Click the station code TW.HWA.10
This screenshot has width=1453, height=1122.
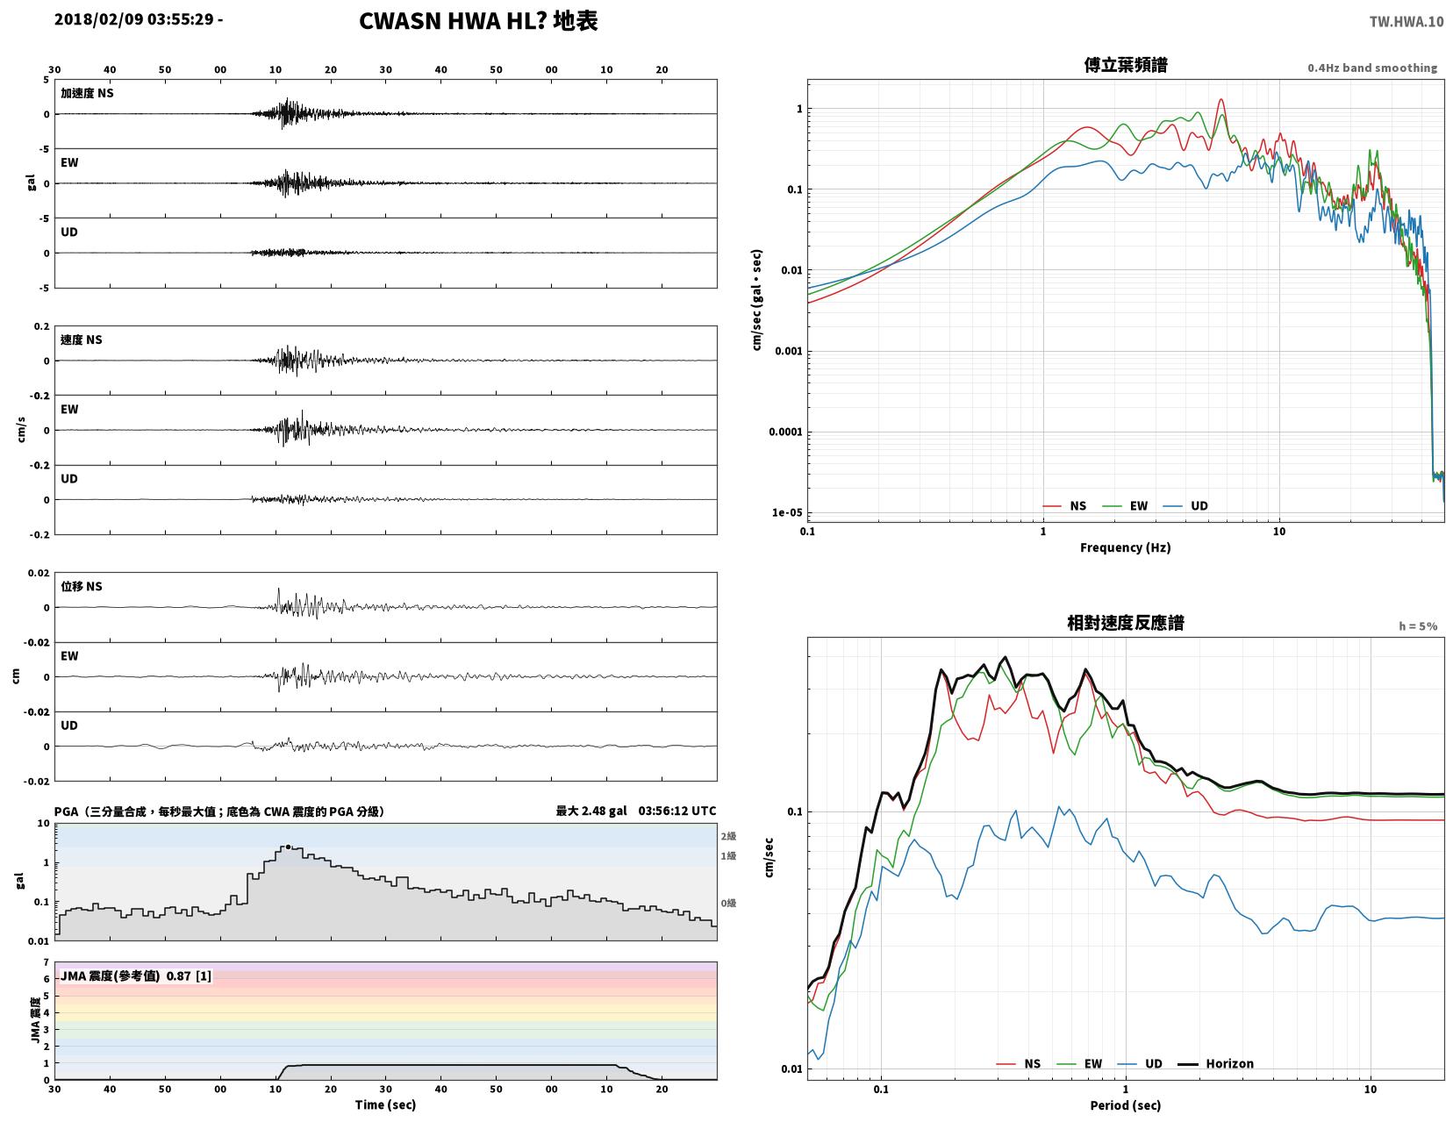click(1406, 21)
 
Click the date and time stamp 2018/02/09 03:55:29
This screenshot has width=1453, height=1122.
click(133, 18)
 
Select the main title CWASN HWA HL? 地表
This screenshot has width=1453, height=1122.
click(478, 21)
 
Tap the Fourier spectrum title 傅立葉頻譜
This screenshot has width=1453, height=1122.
click(1126, 65)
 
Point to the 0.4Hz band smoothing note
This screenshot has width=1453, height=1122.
click(1372, 68)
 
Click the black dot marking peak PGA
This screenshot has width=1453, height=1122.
click(288, 847)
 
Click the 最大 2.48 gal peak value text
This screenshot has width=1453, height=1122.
click(591, 811)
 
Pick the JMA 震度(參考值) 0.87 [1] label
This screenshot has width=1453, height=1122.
click(136, 975)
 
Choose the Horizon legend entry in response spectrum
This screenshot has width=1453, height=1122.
click(1215, 1063)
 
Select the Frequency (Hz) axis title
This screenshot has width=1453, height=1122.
click(1126, 547)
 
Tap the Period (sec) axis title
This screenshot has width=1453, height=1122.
click(1126, 1105)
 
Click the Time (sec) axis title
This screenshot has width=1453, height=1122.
click(385, 1104)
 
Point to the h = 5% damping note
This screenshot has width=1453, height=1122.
click(1418, 626)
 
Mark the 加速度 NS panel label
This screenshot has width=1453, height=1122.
click(87, 93)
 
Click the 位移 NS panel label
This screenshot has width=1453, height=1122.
click(82, 586)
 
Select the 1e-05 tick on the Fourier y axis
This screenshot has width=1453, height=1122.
click(787, 512)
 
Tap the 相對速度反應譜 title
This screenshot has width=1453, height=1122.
click(1126, 623)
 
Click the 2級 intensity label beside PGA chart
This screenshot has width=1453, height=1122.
click(728, 836)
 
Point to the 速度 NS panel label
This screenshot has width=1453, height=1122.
click(82, 339)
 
